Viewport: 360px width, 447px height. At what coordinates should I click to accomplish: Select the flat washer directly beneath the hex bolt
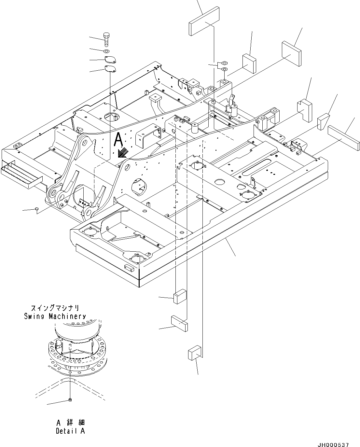coord(107,51)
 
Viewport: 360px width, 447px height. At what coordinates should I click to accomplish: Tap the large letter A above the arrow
coord(119,140)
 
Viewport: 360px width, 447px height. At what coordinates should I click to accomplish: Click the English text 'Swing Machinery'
coord(55,316)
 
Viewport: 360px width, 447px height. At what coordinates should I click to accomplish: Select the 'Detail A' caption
coord(70,431)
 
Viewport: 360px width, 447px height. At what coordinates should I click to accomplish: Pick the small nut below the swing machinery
coord(70,400)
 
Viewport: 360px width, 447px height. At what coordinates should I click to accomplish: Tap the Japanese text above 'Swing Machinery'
coord(55,308)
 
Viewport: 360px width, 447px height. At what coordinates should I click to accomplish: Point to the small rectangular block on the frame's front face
coord(129,268)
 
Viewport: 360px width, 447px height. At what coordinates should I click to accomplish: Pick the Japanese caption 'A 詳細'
coord(70,423)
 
